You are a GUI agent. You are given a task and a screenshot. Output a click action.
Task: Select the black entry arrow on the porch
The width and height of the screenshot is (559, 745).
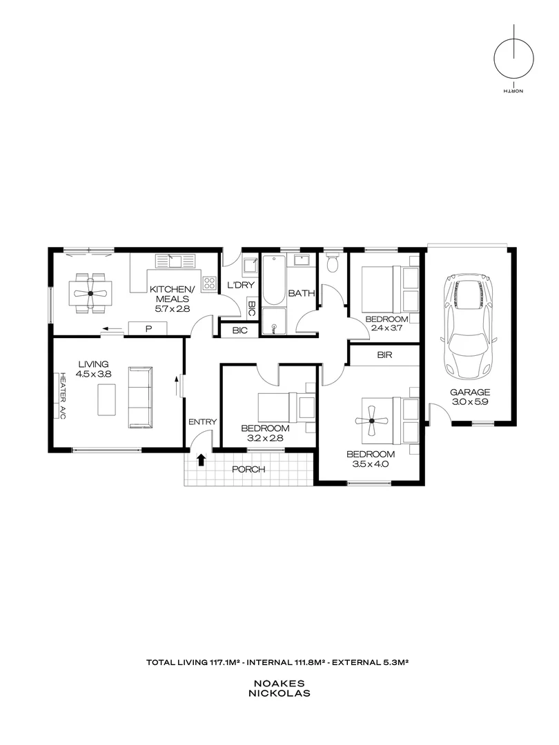click(x=202, y=459)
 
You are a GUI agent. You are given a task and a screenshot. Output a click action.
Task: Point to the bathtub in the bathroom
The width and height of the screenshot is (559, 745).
click(x=274, y=281)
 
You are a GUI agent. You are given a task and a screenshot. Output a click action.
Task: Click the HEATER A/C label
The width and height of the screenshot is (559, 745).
click(x=62, y=397)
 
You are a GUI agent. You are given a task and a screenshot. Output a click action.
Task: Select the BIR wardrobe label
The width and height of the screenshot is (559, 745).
click(x=385, y=356)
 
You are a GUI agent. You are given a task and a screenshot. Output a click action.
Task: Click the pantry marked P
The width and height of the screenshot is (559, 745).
click(x=148, y=329)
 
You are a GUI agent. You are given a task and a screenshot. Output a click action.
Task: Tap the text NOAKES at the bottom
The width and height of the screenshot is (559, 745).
click(x=279, y=683)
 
